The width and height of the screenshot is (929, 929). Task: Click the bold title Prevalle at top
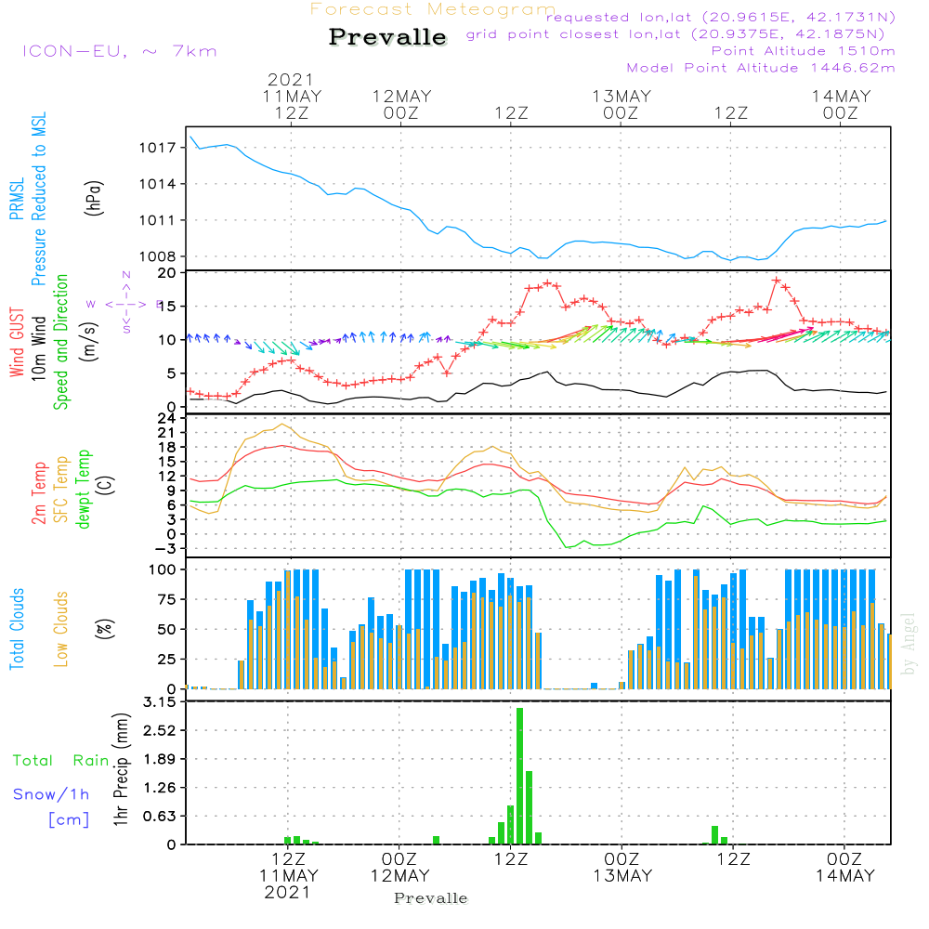(387, 37)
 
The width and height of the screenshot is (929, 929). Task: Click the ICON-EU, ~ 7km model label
(119, 51)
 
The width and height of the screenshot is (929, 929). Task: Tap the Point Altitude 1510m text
(803, 51)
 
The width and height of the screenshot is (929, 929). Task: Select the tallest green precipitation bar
(519, 776)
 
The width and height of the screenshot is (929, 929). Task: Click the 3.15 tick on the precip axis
(160, 702)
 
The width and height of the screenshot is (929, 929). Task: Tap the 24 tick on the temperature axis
(167, 418)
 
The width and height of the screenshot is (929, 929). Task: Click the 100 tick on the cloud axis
(164, 569)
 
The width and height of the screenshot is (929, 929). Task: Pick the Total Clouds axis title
(18, 629)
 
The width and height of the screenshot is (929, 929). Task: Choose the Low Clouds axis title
(61, 629)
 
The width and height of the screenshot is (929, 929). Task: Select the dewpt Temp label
(84, 490)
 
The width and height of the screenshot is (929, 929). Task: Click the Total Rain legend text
(61, 761)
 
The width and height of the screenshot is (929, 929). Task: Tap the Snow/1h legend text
(51, 795)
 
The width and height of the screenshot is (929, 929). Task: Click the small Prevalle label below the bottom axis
(431, 898)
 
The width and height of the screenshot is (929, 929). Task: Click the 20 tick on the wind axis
(167, 273)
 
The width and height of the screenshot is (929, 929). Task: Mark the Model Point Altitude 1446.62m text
(761, 68)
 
